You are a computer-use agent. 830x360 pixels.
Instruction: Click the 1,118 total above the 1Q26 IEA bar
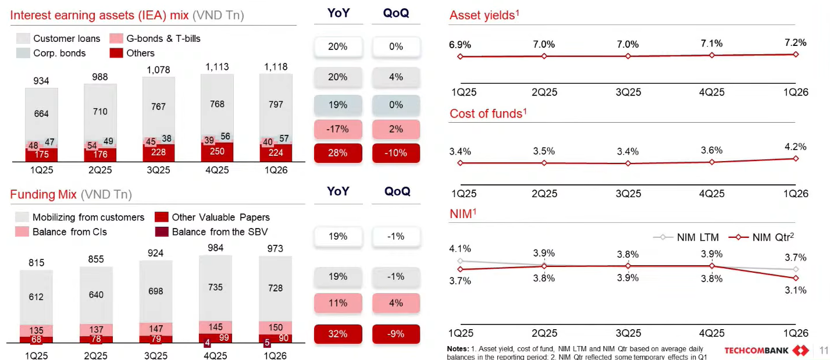(x=276, y=67)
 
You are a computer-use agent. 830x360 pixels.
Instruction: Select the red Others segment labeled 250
(x=217, y=151)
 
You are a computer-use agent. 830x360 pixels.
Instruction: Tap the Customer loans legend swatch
(x=23, y=39)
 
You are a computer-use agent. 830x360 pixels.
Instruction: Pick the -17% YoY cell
(x=337, y=129)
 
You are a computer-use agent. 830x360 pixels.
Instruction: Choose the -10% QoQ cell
(x=396, y=153)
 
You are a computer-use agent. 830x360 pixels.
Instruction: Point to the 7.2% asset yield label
(x=795, y=42)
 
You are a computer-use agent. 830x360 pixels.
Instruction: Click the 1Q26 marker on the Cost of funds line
(x=795, y=158)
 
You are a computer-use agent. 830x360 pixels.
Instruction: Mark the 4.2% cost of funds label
(x=795, y=147)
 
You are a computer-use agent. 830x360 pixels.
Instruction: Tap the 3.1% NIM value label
(x=795, y=290)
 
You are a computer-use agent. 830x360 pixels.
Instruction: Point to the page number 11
(x=822, y=350)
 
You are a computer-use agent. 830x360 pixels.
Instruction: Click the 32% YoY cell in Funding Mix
(x=337, y=334)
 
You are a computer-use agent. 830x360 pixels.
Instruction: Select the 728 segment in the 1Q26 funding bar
(x=276, y=288)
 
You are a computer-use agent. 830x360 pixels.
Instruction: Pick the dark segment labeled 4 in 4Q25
(x=207, y=343)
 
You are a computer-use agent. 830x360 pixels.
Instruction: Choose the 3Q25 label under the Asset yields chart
(x=628, y=92)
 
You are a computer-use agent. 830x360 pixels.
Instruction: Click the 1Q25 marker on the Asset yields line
(x=460, y=56)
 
